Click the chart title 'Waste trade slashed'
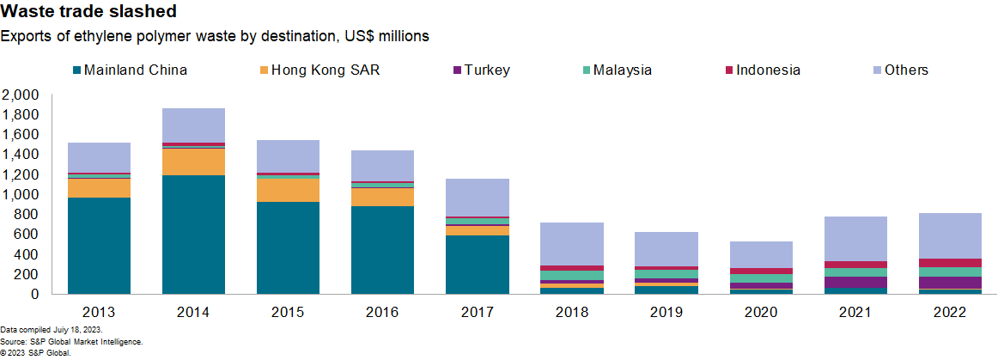click(89, 12)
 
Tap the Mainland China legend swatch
click(77, 70)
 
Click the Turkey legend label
click(487, 70)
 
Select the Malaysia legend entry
click(622, 70)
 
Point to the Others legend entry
click(906, 70)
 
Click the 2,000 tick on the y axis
click(21, 95)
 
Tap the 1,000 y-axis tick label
click(21, 194)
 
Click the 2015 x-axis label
click(289, 311)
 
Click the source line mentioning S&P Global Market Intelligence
click(71, 341)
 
